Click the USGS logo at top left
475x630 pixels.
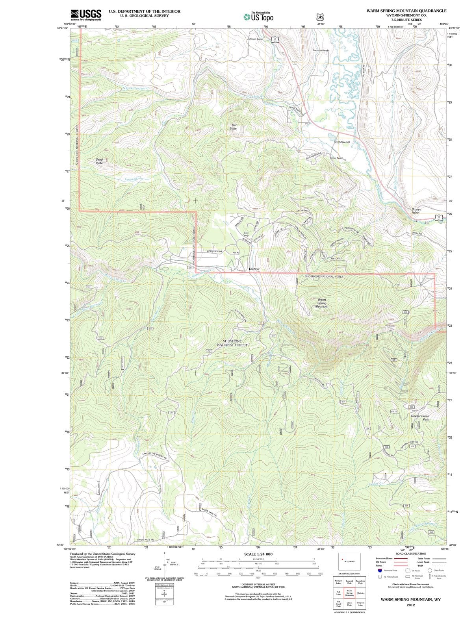point(86,15)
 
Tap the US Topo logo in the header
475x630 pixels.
point(258,17)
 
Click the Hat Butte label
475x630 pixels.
point(233,126)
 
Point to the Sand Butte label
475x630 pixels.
point(99,161)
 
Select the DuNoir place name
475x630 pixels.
point(254,269)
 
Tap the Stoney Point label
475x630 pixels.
point(416,211)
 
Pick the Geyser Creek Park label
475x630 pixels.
point(420,417)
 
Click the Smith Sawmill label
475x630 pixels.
point(342,142)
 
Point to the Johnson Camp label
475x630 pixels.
point(255,39)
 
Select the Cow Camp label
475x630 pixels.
point(246,234)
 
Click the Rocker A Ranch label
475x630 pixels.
point(320,50)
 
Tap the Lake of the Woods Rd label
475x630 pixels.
point(155,456)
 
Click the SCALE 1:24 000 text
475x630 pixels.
point(258,554)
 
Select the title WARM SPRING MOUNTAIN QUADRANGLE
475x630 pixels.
point(406,11)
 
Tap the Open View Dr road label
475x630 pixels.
point(215,251)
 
